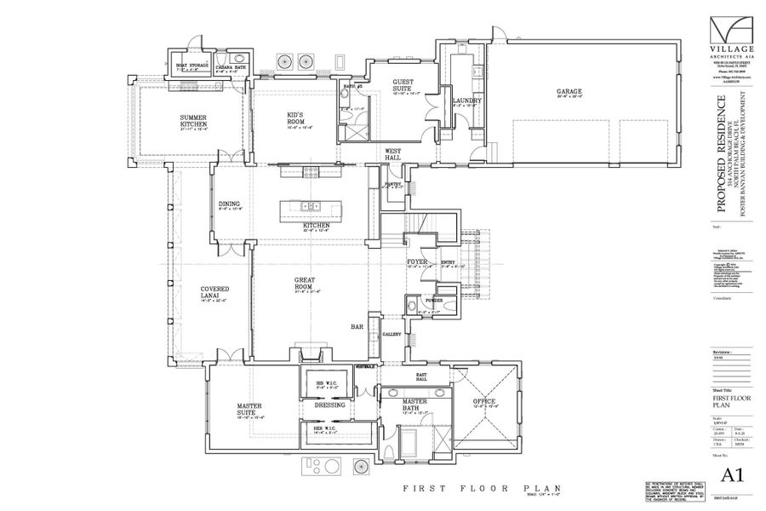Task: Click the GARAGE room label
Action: (569, 92)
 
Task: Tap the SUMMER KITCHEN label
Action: (193, 121)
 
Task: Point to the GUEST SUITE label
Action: (403, 86)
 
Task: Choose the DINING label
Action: (229, 204)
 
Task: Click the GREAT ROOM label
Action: (306, 284)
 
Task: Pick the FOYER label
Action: (416, 262)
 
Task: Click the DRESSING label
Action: (329, 405)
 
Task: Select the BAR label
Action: (358, 326)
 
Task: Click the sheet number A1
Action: (729, 474)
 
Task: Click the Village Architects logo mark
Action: (729, 33)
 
